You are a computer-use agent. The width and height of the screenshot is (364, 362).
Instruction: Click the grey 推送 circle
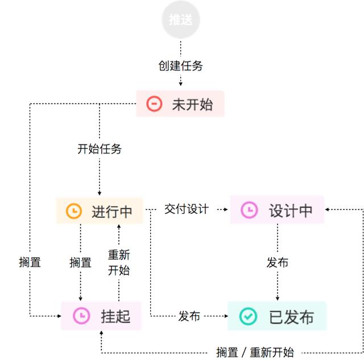[x=181, y=19]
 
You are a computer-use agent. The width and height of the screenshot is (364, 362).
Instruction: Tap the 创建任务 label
[x=181, y=66]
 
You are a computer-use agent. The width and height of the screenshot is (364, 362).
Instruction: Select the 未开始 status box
[x=180, y=104]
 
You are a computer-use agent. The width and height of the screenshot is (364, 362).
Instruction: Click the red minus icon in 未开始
[x=154, y=104]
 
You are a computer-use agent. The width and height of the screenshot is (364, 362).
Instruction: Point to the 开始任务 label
[x=100, y=149]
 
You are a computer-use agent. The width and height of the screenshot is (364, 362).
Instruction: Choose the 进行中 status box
[x=100, y=211]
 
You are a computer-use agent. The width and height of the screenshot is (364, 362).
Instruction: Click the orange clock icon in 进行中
[x=74, y=211]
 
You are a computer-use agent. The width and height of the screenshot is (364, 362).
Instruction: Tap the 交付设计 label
[x=187, y=209]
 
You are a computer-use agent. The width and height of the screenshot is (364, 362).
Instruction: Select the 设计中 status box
[x=277, y=210]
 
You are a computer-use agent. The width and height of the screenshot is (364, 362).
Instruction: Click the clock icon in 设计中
[x=249, y=210]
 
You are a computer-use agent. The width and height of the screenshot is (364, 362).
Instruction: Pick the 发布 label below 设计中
[x=278, y=262]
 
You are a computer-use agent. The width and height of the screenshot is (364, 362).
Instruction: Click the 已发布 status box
[x=277, y=316]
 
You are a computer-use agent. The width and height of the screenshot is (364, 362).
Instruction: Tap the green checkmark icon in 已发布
[x=248, y=316]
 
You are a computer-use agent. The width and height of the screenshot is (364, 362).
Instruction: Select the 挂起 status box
[x=101, y=315]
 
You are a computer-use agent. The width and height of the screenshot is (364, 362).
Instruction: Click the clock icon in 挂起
[x=81, y=315]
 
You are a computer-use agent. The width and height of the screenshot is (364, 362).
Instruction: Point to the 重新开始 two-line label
[x=119, y=262]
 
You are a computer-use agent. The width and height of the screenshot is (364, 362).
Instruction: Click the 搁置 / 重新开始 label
[x=255, y=352]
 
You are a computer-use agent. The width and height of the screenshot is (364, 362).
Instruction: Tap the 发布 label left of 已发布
[x=189, y=316]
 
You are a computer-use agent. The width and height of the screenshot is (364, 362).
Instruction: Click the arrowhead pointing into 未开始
[x=181, y=84]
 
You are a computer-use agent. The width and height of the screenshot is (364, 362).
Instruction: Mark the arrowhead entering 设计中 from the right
[x=327, y=209]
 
